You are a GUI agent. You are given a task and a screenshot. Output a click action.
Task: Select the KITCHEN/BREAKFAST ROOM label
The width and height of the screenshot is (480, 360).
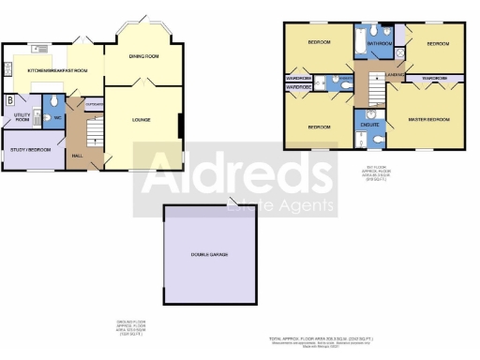(57, 70)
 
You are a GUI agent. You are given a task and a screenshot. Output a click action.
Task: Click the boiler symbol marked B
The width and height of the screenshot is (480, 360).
(10, 99)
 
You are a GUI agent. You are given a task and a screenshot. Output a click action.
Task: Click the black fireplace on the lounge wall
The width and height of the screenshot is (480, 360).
(180, 124)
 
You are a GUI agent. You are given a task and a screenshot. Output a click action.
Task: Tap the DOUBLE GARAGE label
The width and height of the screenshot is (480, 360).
(210, 254)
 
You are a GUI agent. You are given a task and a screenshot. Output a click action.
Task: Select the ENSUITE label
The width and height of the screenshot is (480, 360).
(369, 124)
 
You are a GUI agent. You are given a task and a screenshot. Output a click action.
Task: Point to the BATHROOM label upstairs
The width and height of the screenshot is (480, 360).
(380, 43)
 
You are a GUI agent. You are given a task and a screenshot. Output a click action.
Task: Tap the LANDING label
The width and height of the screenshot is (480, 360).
(395, 72)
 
